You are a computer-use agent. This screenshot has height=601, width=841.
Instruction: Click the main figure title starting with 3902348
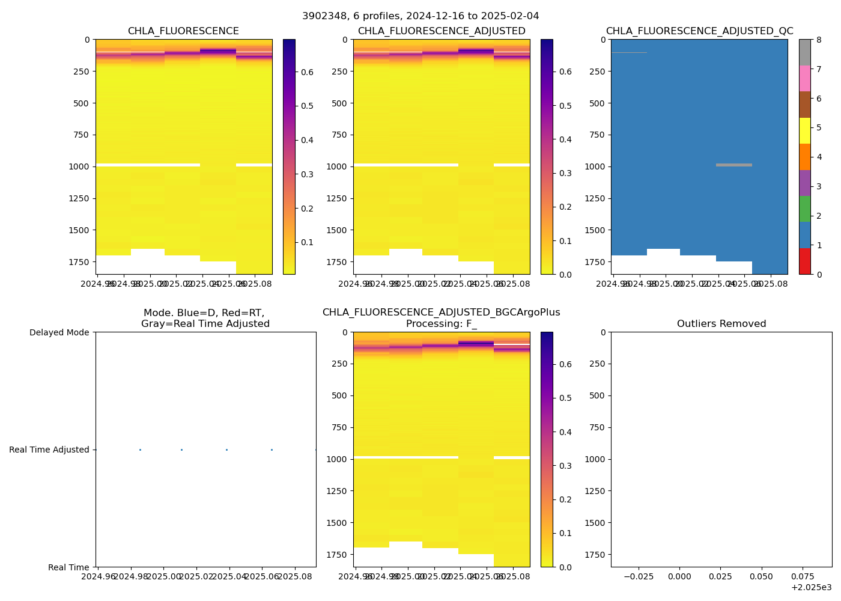point(421,16)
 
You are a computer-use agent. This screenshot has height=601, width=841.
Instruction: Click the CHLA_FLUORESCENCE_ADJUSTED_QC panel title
point(699,31)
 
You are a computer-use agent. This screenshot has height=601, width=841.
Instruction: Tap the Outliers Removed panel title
point(721,324)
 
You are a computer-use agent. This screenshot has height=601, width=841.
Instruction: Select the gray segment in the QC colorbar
point(804,52)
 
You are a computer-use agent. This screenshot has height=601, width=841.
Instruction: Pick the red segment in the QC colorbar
point(804,261)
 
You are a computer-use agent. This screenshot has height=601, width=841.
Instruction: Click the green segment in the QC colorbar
point(804,209)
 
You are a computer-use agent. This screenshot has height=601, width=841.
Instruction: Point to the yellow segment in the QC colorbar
point(804,130)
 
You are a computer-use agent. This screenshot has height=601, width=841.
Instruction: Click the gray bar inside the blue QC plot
point(733,165)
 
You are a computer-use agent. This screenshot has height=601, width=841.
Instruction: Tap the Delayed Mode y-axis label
point(59,332)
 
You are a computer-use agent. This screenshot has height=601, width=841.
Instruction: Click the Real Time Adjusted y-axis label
point(49,450)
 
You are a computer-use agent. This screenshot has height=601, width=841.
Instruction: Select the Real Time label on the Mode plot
point(68,567)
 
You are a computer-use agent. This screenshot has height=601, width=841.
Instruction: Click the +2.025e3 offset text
point(811,587)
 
